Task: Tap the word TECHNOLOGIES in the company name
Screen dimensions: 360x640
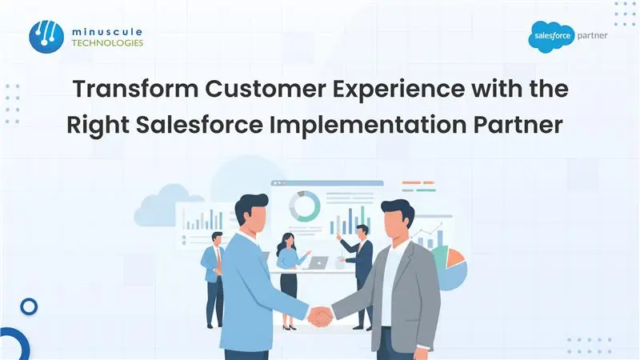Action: [108, 42]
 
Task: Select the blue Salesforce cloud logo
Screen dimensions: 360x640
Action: [551, 37]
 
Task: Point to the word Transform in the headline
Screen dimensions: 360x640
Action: [126, 89]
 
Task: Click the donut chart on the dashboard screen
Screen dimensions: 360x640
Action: [304, 206]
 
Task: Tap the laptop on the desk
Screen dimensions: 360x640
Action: [318, 262]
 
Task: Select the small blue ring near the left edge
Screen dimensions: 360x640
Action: [30, 306]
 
